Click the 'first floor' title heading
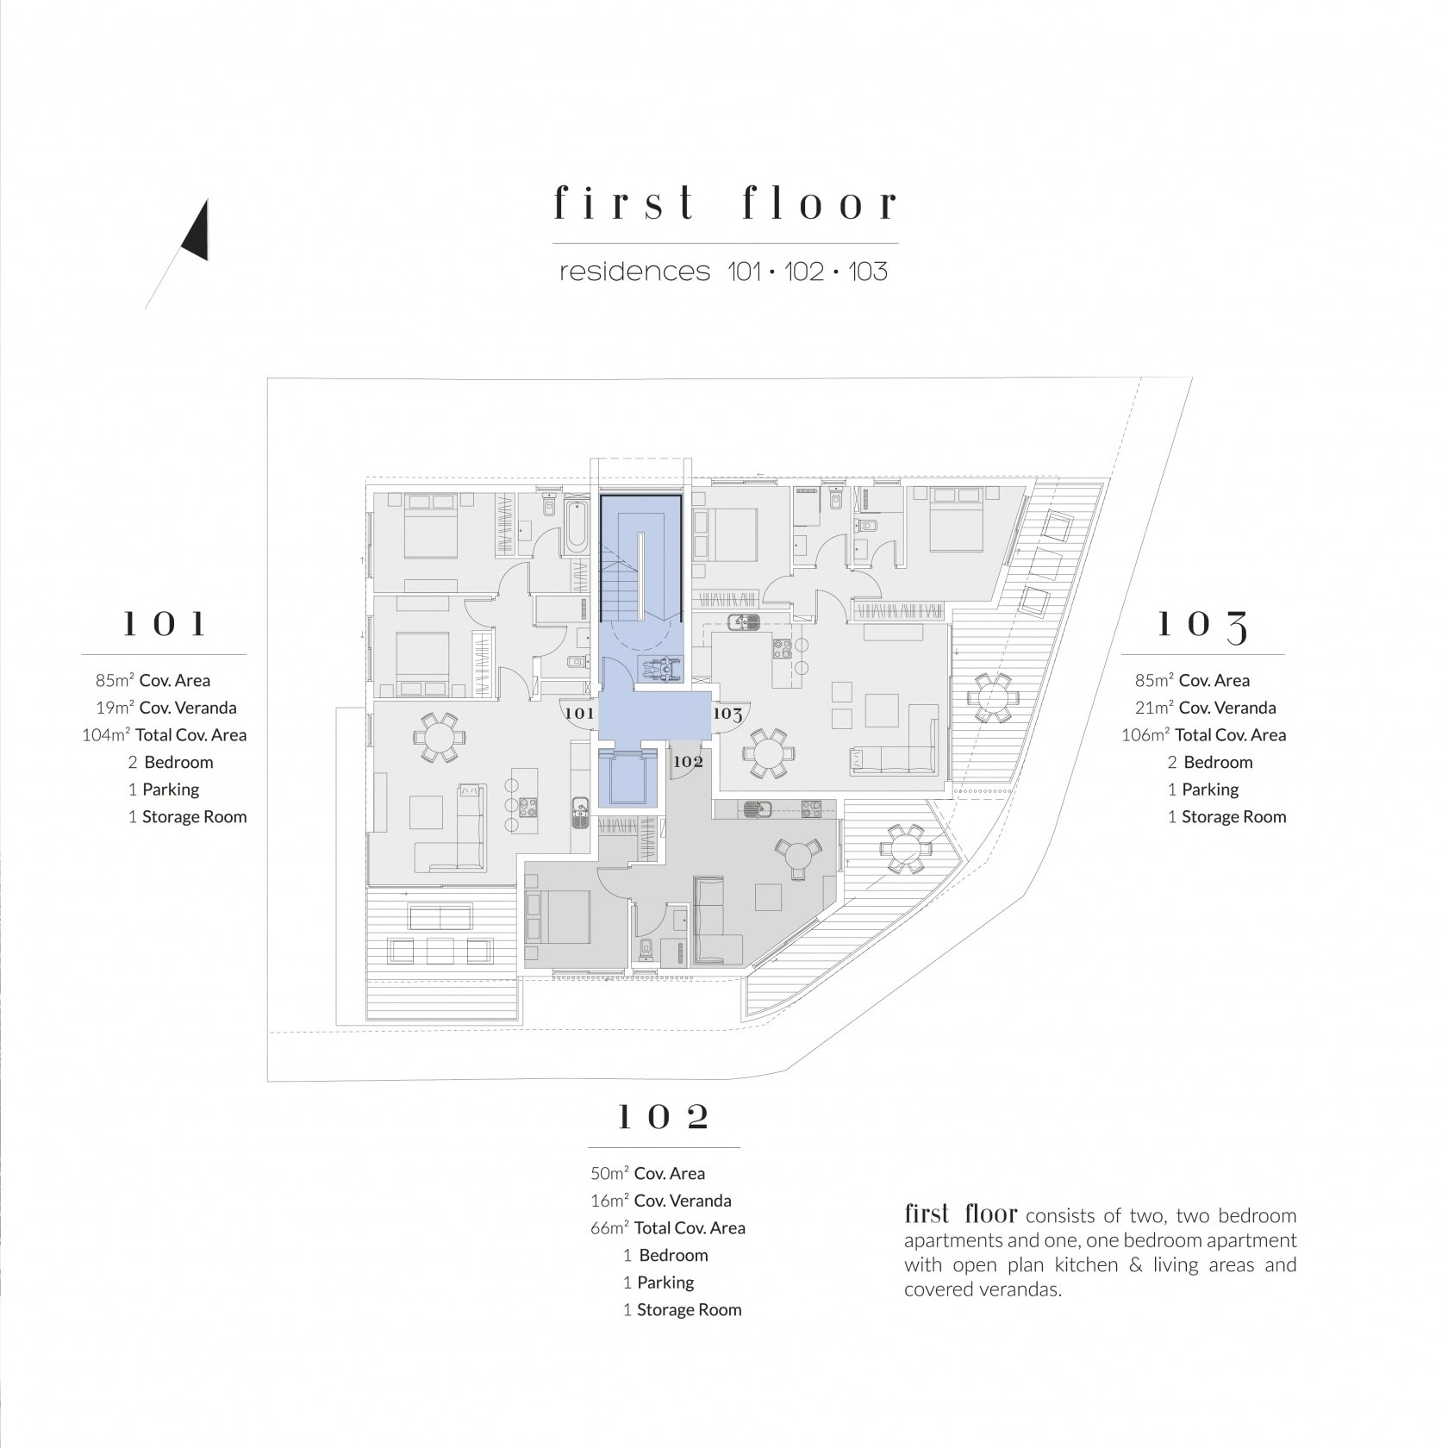(725, 203)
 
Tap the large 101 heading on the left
(164, 624)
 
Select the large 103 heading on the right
(1201, 626)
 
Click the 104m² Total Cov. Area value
(165, 735)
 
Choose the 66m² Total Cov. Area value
(668, 1228)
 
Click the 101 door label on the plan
(579, 714)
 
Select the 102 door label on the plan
(688, 762)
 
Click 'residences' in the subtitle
(635, 272)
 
